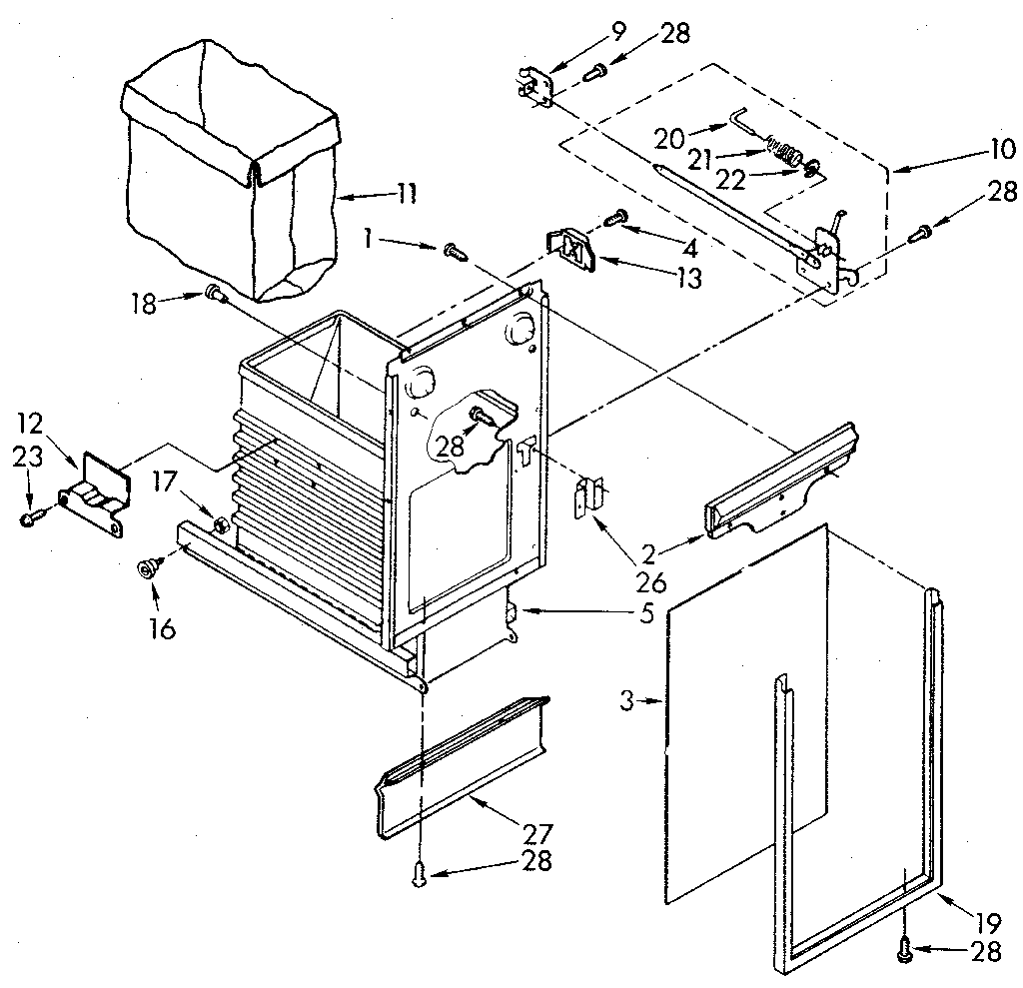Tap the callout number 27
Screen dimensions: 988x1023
pyautogui.click(x=536, y=831)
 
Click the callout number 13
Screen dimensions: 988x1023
pyautogui.click(x=686, y=280)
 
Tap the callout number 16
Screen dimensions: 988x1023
pyautogui.click(x=161, y=628)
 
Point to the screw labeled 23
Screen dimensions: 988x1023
pyautogui.click(x=31, y=517)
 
